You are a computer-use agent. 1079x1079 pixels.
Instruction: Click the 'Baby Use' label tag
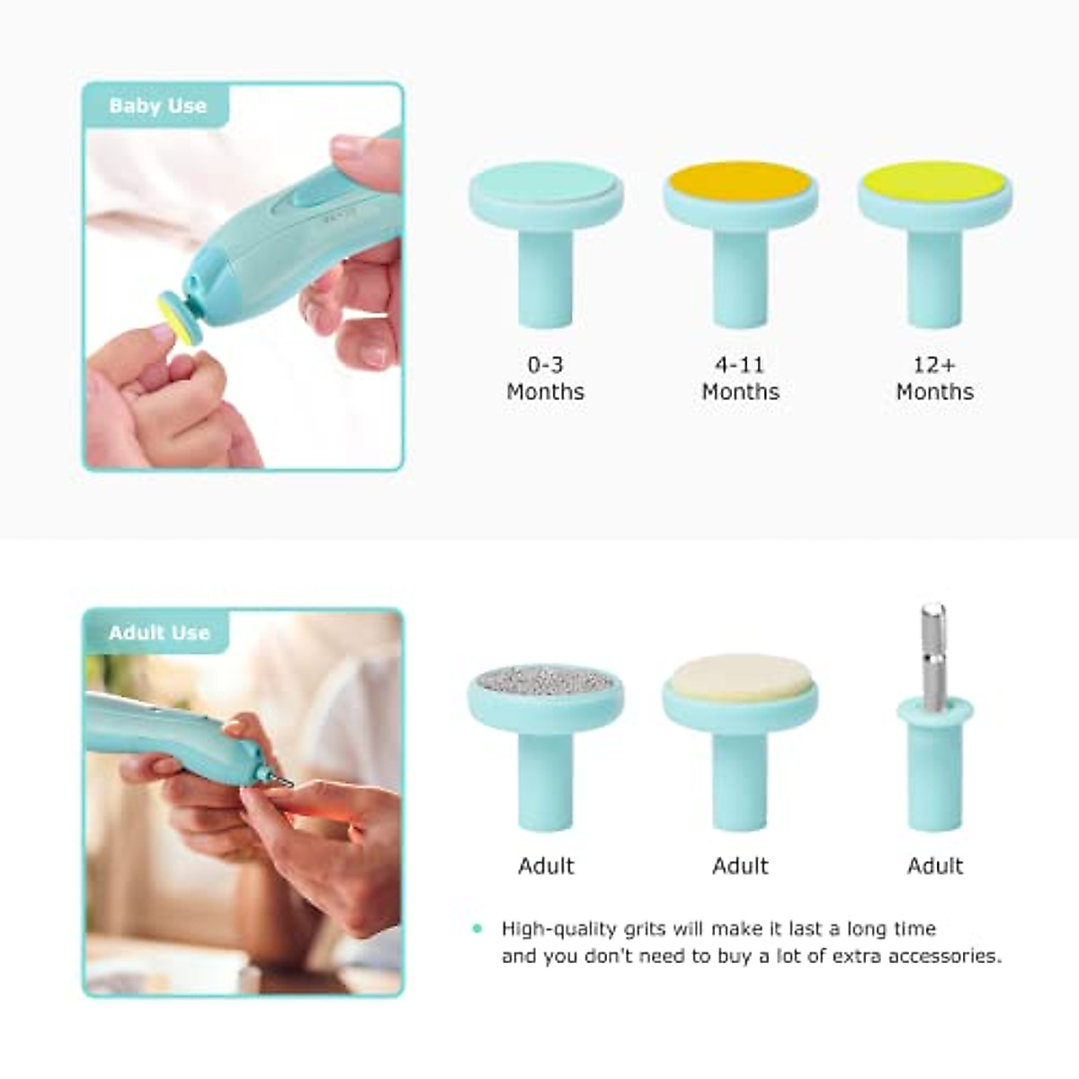point(157,106)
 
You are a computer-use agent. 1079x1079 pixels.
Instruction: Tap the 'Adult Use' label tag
point(158,633)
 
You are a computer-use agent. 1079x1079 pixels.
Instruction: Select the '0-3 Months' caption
point(545,379)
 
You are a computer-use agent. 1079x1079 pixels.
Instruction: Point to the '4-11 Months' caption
point(740,379)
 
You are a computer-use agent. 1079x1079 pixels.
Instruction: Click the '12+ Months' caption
point(934,379)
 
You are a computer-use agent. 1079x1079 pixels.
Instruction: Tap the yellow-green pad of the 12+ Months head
point(934,180)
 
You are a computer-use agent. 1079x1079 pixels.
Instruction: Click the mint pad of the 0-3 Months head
point(545,183)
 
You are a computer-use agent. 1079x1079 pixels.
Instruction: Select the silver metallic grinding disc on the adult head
point(545,680)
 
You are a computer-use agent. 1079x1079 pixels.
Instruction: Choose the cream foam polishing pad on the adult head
point(739,675)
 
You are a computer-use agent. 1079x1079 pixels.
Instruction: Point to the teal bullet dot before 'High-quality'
point(477,929)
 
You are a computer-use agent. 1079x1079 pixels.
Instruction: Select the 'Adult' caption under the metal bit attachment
point(934,866)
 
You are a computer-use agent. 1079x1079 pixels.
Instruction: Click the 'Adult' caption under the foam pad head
point(740,866)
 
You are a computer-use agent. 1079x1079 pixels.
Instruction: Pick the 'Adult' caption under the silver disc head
point(546,866)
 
